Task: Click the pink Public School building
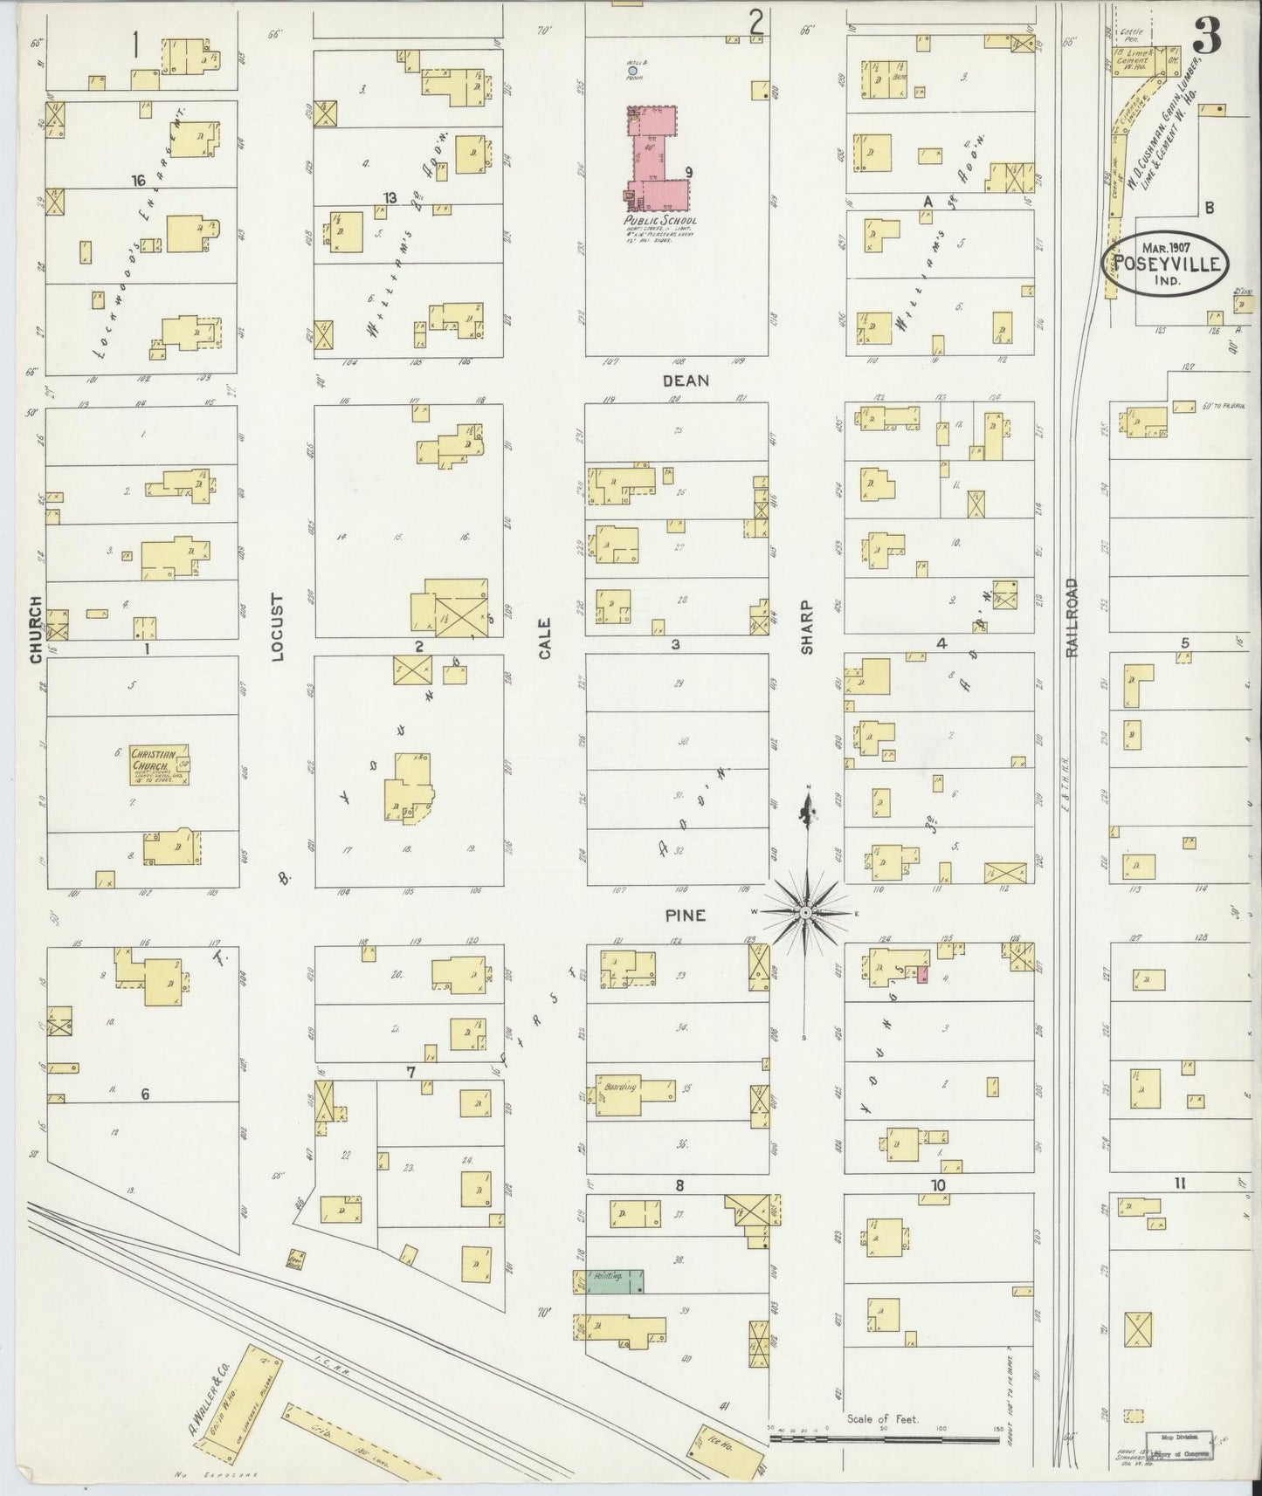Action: coord(651,157)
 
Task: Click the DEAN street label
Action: coord(685,381)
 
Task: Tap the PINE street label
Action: coord(685,916)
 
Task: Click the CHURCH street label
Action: coord(36,629)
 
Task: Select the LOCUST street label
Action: coord(278,628)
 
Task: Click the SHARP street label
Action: coord(806,626)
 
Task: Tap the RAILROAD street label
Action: coord(1072,617)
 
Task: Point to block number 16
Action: coord(138,181)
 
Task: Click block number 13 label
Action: coord(390,198)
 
